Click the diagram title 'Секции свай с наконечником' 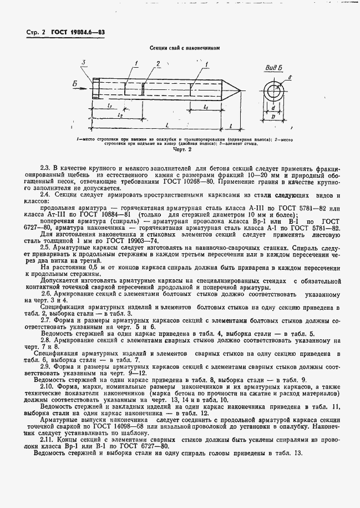tap(181, 48)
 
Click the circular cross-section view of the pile tap(275, 90)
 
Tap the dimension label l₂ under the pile tap(120, 115)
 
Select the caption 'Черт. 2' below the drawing tap(182, 149)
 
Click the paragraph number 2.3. tap(45, 168)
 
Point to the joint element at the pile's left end tap(98, 89)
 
